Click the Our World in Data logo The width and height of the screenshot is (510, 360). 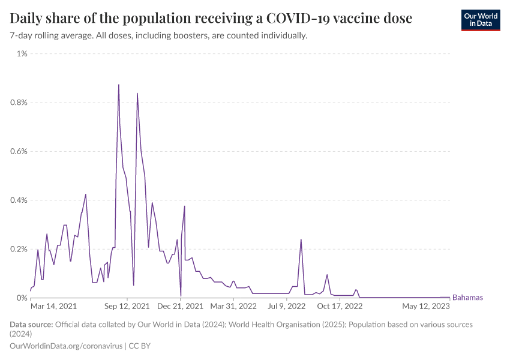(480, 20)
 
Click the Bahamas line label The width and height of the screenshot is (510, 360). (467, 298)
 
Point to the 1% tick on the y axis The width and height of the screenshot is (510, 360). (22, 54)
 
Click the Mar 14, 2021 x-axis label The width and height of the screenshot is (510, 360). (53, 307)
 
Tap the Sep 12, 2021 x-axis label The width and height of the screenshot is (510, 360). (127, 307)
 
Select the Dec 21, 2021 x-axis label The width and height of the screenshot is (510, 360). (181, 307)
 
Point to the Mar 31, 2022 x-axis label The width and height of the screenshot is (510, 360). (233, 307)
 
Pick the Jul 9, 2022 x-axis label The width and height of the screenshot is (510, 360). (287, 307)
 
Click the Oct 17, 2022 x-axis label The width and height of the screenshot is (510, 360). (340, 307)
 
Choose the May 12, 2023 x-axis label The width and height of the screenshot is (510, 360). (426, 307)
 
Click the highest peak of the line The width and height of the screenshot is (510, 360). (119, 85)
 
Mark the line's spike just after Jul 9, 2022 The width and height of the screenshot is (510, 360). (301, 239)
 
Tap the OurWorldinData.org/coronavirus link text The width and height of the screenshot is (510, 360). (66, 346)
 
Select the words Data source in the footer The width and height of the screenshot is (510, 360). (31, 325)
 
